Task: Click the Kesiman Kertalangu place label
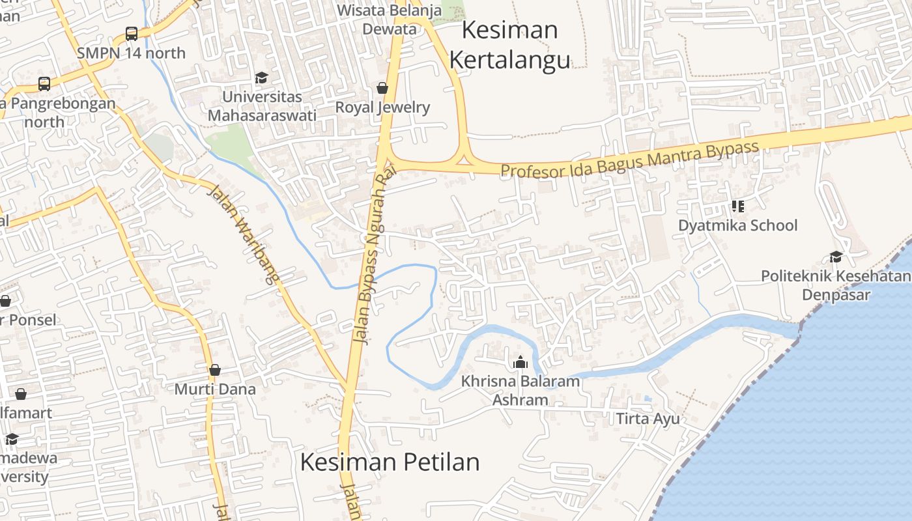510,45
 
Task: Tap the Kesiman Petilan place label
390,462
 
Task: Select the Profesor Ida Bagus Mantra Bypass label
630,160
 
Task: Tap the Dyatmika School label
737,225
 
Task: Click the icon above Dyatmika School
737,206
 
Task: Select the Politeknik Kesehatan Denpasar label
836,285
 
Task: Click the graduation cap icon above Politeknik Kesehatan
836,257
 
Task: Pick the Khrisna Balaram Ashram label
520,390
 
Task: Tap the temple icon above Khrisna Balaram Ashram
520,362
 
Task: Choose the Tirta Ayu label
648,418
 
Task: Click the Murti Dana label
215,389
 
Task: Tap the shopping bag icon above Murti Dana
215,370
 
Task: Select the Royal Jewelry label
382,107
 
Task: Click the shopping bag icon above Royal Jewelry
382,88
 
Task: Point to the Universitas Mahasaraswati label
262,106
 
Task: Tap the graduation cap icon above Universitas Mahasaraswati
261,78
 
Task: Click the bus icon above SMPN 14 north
132,34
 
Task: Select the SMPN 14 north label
132,53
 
